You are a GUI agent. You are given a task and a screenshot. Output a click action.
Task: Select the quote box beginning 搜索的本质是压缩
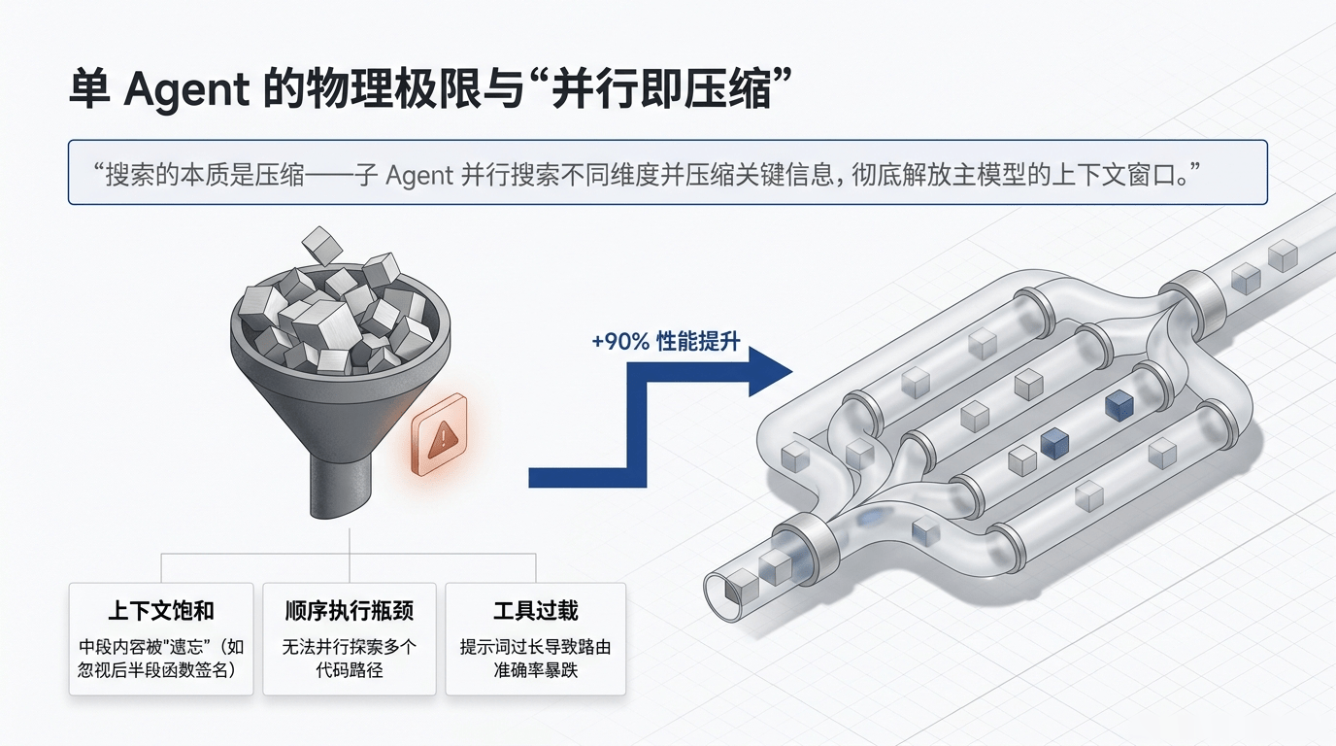tap(667, 172)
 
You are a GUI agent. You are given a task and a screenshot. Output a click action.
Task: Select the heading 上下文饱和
tap(161, 611)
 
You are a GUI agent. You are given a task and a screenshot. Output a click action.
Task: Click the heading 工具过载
tap(535, 611)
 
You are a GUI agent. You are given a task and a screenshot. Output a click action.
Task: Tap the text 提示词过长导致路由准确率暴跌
tap(535, 658)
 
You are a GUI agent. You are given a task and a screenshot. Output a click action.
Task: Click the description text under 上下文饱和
tap(161, 658)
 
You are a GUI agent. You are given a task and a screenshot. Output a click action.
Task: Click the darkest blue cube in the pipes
tap(1119, 405)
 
